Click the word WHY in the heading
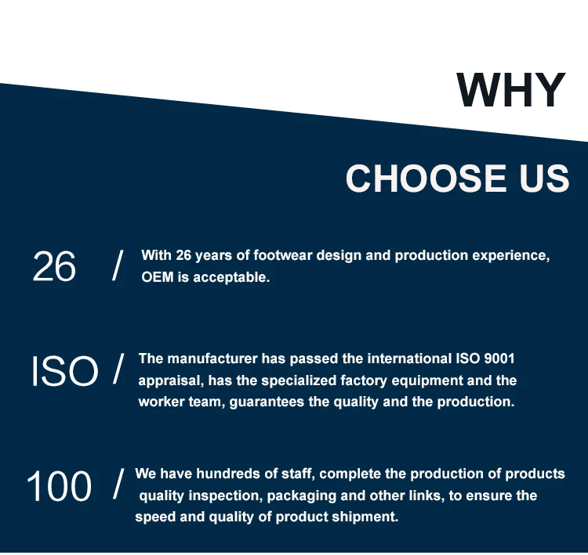tap(510, 90)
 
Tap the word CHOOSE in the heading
tap(426, 178)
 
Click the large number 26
tap(54, 266)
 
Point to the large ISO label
tap(64, 371)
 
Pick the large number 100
tap(60, 485)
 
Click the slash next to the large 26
tap(118, 266)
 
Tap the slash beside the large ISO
tap(118, 369)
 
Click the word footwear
tap(283, 255)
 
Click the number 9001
tap(499, 359)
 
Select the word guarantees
tap(267, 402)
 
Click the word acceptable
tap(231, 278)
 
